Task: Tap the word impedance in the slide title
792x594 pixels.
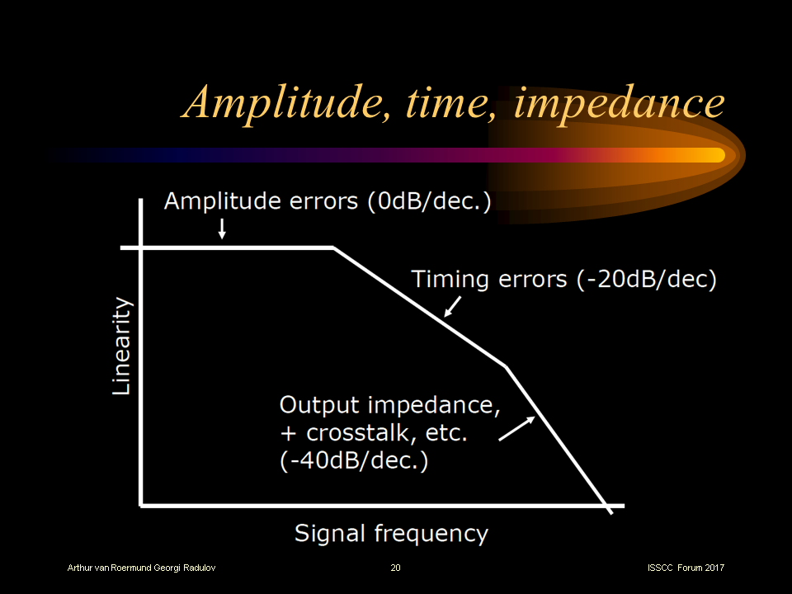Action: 620,104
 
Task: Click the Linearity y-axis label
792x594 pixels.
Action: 121,346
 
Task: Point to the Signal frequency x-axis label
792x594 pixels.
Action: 391,534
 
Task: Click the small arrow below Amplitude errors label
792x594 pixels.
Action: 222,229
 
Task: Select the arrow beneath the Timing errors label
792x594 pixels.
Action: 453,307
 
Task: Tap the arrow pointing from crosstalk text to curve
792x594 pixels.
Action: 516,428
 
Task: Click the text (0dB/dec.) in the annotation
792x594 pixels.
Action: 429,201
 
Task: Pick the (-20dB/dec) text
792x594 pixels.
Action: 647,280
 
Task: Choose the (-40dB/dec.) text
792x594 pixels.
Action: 354,460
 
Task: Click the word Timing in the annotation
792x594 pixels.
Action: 450,280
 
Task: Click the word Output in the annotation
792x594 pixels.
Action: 319,406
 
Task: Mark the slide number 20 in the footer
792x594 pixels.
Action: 395,568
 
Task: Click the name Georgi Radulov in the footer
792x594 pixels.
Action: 184,568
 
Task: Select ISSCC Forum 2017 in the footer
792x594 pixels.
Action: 686,568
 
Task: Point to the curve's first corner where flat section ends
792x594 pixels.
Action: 333,247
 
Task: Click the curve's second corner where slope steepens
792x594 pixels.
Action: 506,366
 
